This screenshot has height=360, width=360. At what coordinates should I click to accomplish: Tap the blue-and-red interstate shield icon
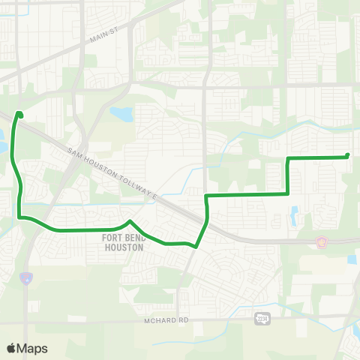25,278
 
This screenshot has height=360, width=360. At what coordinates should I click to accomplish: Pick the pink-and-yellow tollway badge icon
322,241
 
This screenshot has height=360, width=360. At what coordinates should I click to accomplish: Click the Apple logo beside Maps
11,348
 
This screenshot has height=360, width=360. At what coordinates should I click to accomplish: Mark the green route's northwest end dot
19,115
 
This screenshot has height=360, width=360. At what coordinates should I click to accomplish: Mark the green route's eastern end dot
348,156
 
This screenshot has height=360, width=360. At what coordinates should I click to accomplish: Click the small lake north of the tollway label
120,115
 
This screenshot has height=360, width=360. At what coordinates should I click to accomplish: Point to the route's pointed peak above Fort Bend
130,221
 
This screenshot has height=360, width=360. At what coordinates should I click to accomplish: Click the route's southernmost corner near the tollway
196,245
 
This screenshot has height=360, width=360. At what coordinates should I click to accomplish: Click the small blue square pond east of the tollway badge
352,259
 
